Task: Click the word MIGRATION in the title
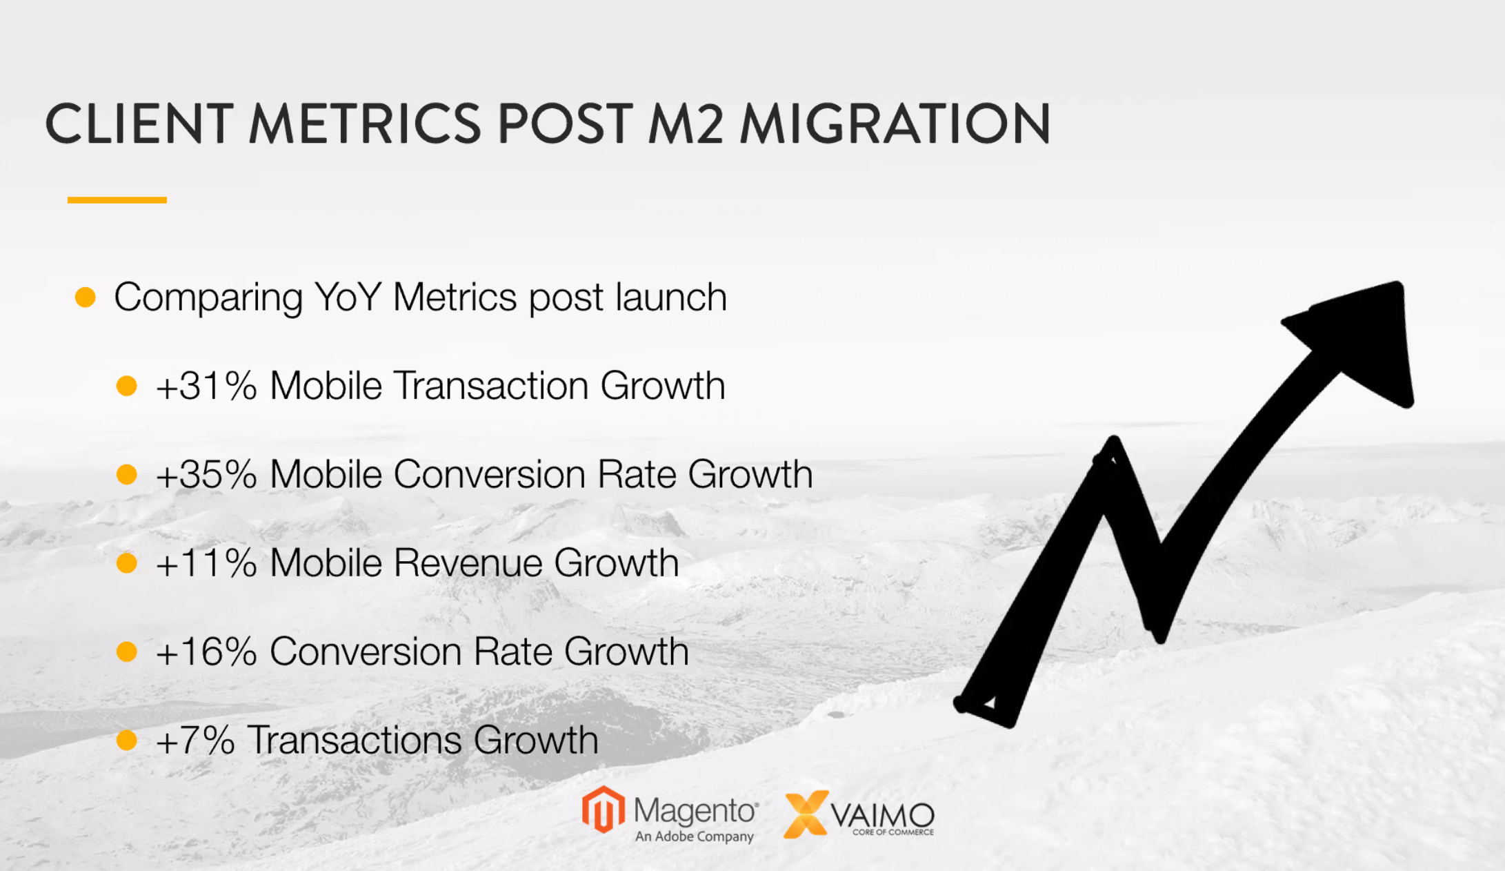(895, 124)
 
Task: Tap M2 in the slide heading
(686, 124)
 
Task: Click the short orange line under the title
(117, 200)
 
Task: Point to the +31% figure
(206, 385)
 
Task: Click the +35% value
(206, 474)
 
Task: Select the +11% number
(206, 562)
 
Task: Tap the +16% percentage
(206, 652)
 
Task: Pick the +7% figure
(195, 740)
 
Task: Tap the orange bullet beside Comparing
(86, 297)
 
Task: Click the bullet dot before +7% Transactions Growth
(127, 740)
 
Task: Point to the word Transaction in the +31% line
(490, 385)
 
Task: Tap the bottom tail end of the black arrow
(983, 707)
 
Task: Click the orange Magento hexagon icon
(604, 810)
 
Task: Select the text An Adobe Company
(694, 836)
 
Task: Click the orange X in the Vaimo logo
(806, 814)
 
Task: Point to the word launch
(671, 297)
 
